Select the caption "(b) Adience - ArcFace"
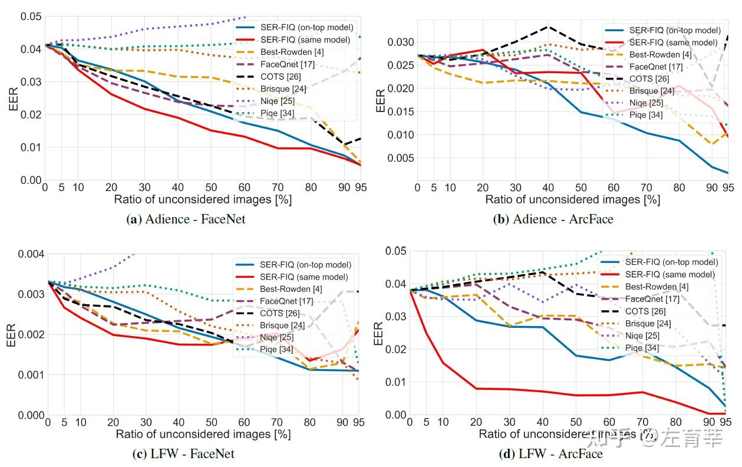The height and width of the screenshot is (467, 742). pyautogui.click(x=553, y=219)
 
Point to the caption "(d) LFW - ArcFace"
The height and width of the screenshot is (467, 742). pyautogui.click(x=552, y=453)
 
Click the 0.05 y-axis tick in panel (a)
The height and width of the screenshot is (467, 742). pyautogui.click(x=30, y=16)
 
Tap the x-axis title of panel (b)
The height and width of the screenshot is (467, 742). pyautogui.click(x=572, y=199)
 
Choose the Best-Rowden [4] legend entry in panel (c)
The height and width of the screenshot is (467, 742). pyautogui.click(x=291, y=289)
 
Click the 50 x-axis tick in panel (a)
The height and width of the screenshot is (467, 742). pyautogui.click(x=212, y=187)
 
